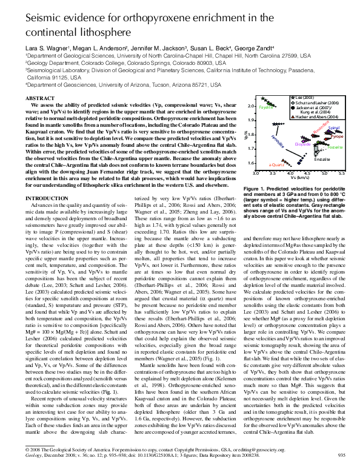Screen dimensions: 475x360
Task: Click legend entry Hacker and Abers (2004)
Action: (315, 116)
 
